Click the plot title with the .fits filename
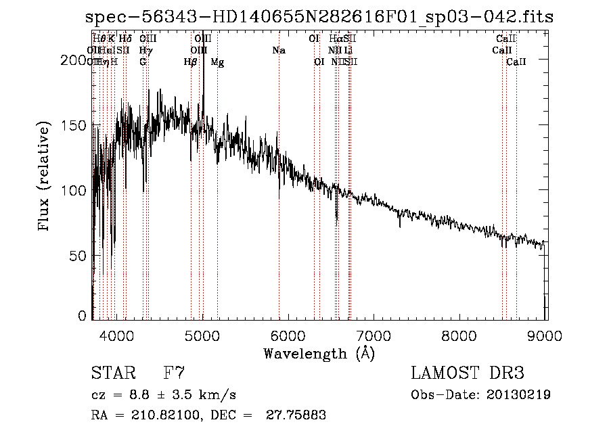click(x=319, y=17)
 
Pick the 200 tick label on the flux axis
click(x=74, y=60)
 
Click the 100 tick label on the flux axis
click(x=74, y=191)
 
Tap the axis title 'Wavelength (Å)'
click(x=319, y=353)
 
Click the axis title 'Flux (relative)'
click(x=45, y=177)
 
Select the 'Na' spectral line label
click(x=279, y=50)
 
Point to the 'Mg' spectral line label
click(x=217, y=62)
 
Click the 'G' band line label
click(x=143, y=62)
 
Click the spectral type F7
click(x=174, y=373)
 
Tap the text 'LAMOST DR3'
click(x=467, y=373)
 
